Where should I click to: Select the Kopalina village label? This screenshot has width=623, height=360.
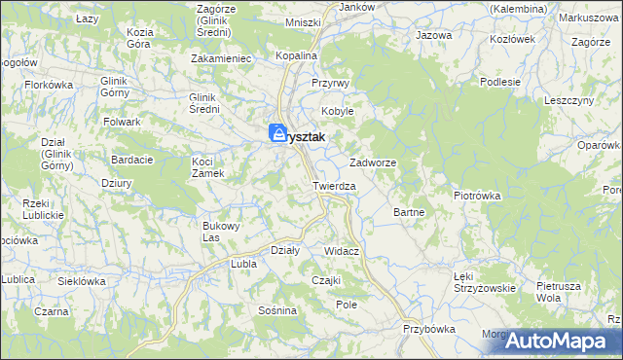[x=296, y=56]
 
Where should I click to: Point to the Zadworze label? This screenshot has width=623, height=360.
[x=372, y=163]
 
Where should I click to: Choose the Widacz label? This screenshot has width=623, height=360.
[x=343, y=251]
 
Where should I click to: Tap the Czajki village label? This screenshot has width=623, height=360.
[x=324, y=280]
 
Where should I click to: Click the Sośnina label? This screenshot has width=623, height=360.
[x=277, y=310]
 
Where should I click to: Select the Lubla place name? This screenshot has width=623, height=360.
[x=241, y=264]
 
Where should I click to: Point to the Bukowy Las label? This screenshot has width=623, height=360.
[x=220, y=231]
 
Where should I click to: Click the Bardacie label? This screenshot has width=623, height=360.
[x=128, y=160]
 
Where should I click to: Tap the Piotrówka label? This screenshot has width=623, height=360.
[x=476, y=196]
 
